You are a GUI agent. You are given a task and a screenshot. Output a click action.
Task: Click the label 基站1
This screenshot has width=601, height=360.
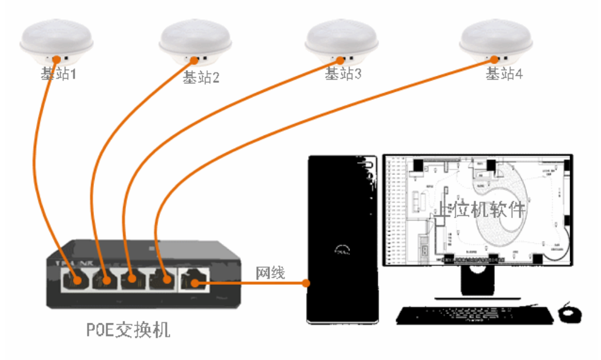pos(58,74)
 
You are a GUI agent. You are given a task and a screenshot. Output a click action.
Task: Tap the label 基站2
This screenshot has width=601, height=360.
pos(201,77)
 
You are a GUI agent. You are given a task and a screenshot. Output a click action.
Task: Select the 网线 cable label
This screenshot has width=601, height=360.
pos(270,272)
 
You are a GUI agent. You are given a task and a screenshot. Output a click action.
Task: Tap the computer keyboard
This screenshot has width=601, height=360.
pos(474,315)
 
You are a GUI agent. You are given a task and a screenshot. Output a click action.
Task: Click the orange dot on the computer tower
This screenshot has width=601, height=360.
pos(306,283)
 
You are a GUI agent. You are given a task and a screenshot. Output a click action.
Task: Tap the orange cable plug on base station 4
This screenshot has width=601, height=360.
pos(495,60)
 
